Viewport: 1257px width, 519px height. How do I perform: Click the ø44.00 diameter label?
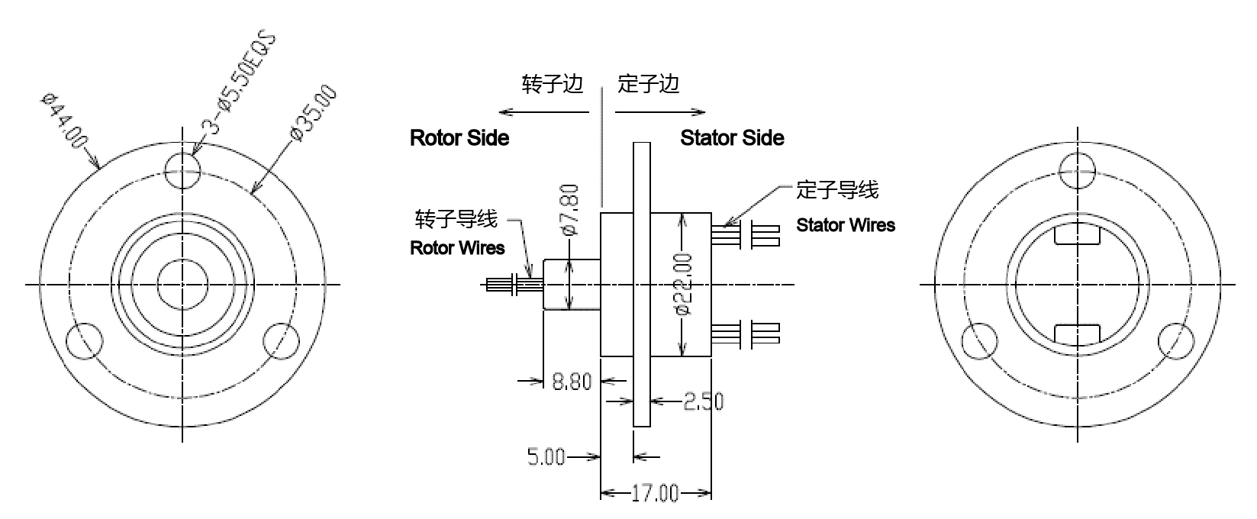click(x=64, y=122)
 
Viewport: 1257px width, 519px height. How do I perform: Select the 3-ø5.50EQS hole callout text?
click(x=241, y=84)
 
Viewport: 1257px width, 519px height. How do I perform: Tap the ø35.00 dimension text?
click(x=313, y=114)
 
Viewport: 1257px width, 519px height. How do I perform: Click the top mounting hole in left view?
click(x=182, y=169)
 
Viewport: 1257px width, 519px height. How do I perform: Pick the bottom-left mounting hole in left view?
click(x=85, y=340)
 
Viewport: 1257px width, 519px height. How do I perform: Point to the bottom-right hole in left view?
click(x=280, y=340)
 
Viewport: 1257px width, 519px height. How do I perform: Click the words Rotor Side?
click(x=459, y=138)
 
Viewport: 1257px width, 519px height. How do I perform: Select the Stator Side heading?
click(x=732, y=138)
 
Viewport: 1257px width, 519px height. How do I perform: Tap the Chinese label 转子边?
click(x=553, y=84)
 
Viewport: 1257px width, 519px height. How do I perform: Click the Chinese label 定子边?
click(x=649, y=84)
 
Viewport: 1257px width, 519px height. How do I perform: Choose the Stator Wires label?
click(x=846, y=225)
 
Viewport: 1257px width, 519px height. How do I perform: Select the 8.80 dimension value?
click(x=572, y=381)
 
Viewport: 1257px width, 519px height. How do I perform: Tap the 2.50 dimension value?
click(x=703, y=401)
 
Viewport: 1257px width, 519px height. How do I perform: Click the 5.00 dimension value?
click(x=546, y=457)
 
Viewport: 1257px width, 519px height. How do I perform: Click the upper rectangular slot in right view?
click(x=1076, y=236)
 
